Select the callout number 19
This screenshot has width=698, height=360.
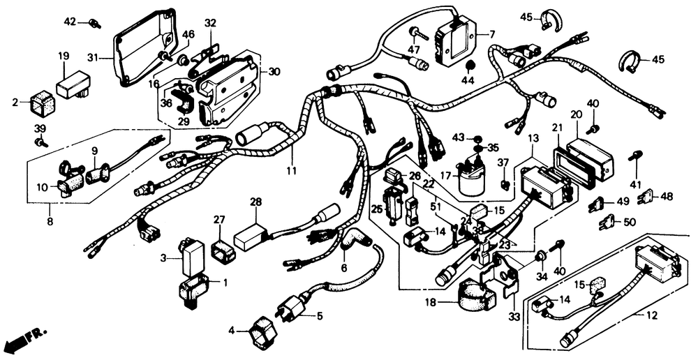[64, 56]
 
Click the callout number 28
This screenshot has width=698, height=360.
[256, 202]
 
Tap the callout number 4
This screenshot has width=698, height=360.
[231, 329]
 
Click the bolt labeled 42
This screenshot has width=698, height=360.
[94, 24]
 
